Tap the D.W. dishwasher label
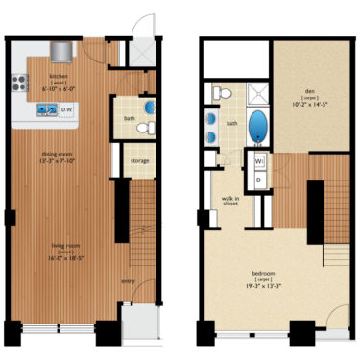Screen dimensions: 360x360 69,110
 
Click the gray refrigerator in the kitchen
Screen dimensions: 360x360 62,49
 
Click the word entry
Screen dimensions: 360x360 128,280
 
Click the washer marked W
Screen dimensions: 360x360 258,161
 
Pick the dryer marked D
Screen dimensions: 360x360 258,180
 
